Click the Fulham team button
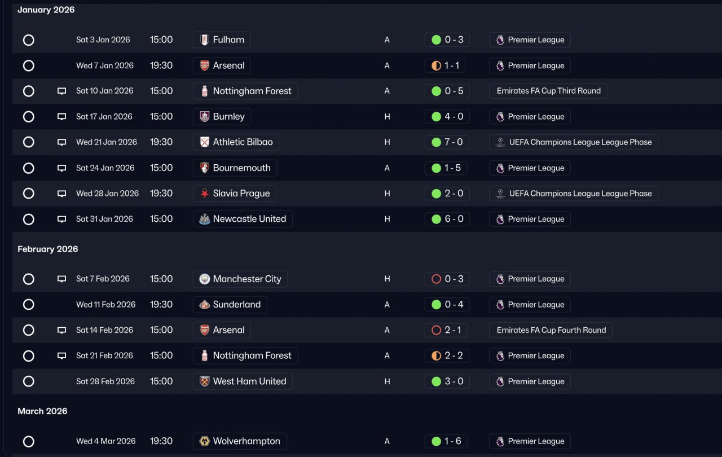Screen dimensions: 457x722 click(x=222, y=40)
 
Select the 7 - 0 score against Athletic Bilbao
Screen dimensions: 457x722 click(x=447, y=142)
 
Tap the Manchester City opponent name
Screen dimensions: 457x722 click(x=246, y=279)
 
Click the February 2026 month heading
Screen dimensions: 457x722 click(x=48, y=249)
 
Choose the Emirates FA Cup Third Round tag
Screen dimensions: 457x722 click(x=548, y=91)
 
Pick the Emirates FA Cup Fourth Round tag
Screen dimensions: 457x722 click(x=551, y=330)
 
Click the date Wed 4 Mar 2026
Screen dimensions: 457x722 click(x=106, y=441)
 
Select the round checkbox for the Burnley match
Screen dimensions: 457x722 click(x=29, y=117)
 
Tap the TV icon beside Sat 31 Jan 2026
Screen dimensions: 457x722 click(x=62, y=219)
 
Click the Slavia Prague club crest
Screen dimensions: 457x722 click(x=204, y=194)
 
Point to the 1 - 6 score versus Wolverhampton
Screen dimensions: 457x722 click(x=447, y=441)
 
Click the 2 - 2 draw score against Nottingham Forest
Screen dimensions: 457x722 click(x=447, y=356)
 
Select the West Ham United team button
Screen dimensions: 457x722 click(x=243, y=381)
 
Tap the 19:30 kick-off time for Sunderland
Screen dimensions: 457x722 click(x=161, y=305)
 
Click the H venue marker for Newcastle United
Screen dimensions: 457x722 click(x=387, y=219)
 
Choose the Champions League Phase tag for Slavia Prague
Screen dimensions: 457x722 click(x=574, y=194)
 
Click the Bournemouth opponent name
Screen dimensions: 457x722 click(x=241, y=168)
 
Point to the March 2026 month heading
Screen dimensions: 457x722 click(x=42, y=411)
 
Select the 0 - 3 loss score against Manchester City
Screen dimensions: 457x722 click(x=447, y=279)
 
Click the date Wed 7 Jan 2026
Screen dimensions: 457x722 click(x=105, y=65)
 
